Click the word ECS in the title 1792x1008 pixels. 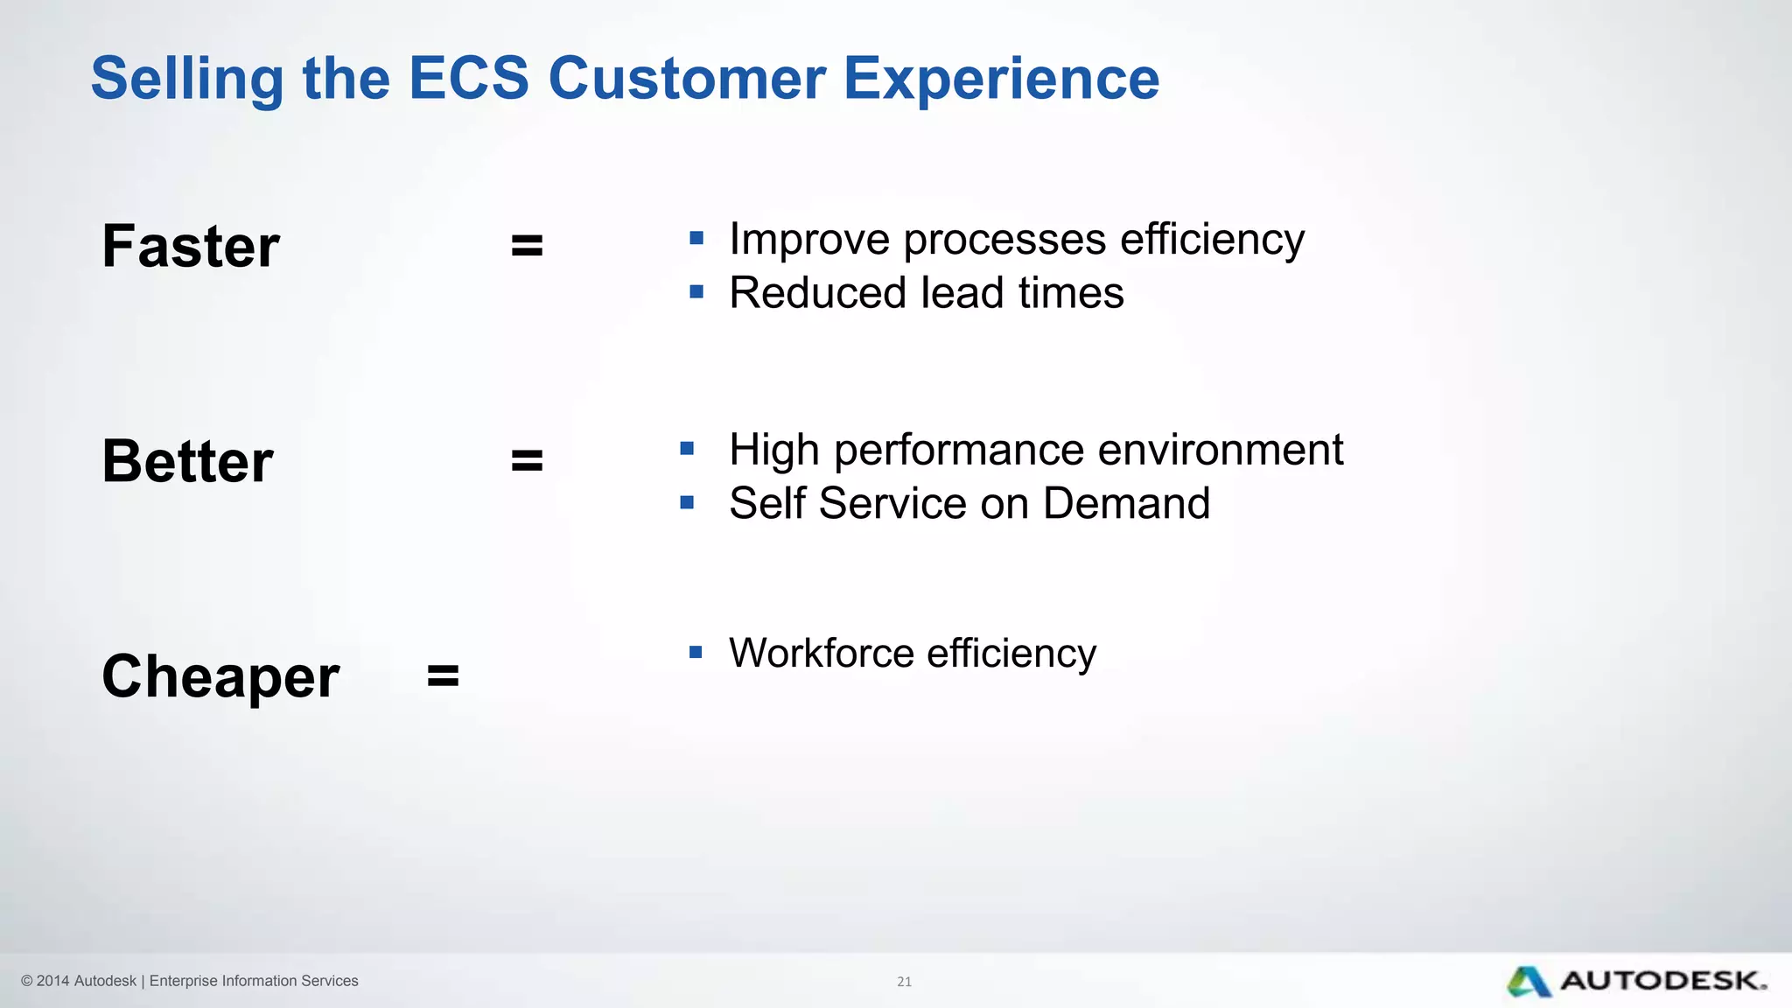tap(469, 79)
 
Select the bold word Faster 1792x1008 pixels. tap(191, 246)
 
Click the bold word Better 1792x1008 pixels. tap(187, 461)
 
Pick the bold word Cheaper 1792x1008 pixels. tap(220, 676)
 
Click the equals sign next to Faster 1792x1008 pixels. tap(527, 246)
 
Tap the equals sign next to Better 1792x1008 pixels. tap(527, 460)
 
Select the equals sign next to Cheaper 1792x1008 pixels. tap(443, 675)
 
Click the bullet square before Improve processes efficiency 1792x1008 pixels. tap(696, 238)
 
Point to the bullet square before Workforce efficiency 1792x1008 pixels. tap(696, 652)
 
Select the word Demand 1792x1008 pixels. tap(1126, 504)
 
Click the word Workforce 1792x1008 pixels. tap(821, 654)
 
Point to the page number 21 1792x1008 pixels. tap(904, 982)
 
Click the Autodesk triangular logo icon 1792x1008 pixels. tap(1529, 982)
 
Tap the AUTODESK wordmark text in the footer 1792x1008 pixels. tap(1662, 981)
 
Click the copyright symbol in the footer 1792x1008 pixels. tap(27, 981)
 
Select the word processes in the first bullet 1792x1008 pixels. tap(1004, 240)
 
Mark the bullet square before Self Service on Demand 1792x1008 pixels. tap(687, 502)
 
